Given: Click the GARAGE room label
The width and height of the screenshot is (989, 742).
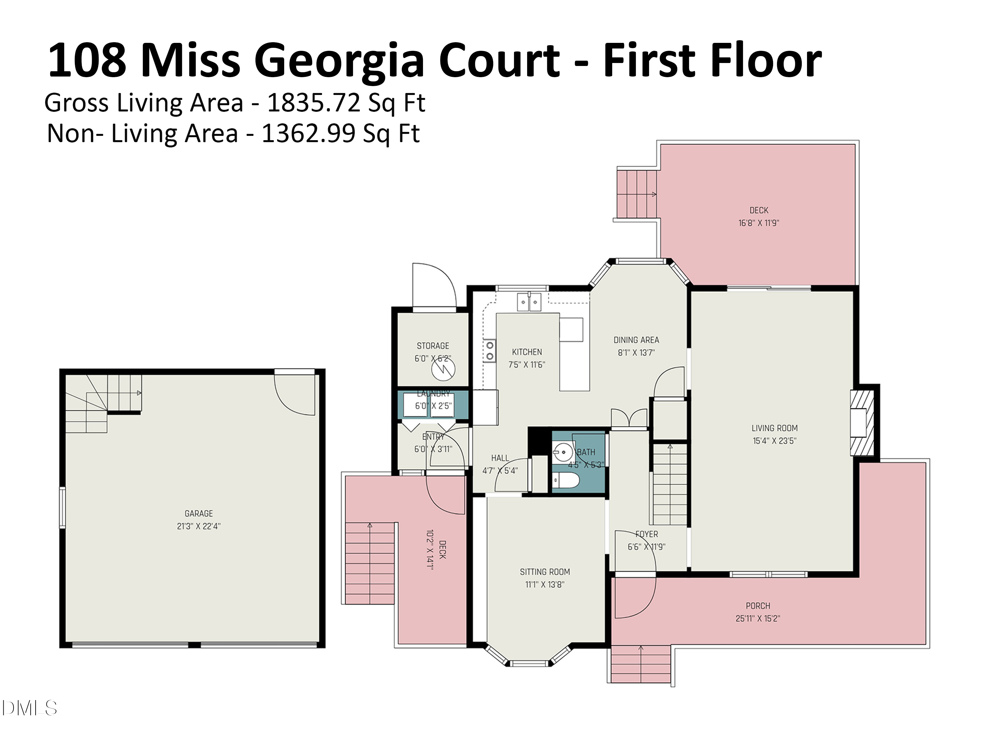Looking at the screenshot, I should click(198, 513).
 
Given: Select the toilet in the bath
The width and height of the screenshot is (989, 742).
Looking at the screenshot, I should click(566, 481).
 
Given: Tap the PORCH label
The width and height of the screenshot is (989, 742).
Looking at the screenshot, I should click(758, 605).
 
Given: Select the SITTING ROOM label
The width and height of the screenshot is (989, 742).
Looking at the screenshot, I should click(545, 572).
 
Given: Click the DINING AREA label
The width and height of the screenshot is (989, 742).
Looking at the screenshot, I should click(636, 340).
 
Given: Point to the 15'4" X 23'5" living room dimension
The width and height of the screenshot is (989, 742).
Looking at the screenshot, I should click(774, 441).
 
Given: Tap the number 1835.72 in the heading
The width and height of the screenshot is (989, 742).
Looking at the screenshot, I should click(314, 103).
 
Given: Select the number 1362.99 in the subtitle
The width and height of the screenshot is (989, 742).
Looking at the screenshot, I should click(309, 133).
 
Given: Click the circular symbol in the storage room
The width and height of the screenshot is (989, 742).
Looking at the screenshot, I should click(443, 369).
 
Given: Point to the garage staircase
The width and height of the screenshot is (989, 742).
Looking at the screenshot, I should click(103, 403).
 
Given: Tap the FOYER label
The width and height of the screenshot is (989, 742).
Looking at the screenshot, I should click(646, 534).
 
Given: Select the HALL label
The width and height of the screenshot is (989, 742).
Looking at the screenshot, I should click(500, 458).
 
